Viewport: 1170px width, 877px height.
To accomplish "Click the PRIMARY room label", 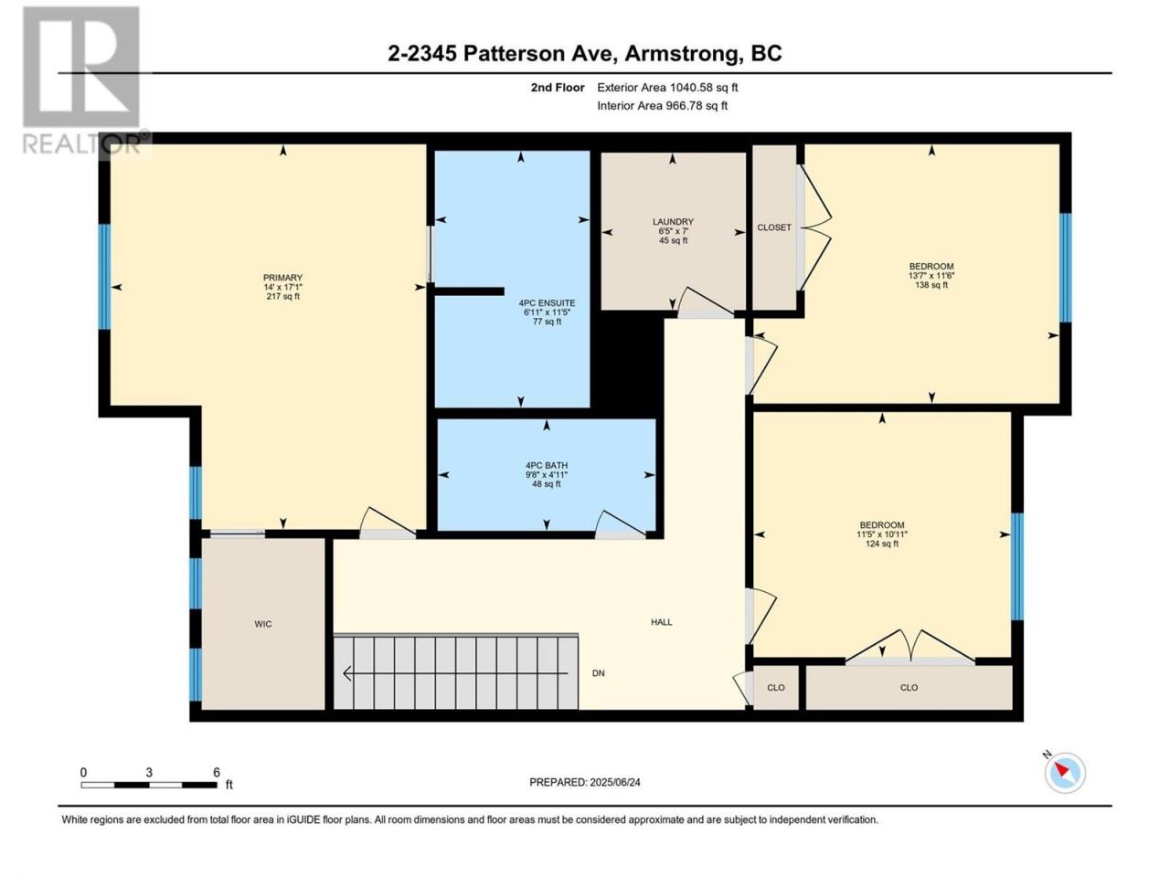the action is [x=282, y=278].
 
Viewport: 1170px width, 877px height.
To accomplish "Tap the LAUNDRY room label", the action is [x=673, y=221].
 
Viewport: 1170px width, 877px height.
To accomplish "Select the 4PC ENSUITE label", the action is [x=547, y=303].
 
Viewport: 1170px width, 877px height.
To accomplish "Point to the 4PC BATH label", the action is [x=547, y=465].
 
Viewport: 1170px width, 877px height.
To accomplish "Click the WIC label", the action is [x=262, y=624].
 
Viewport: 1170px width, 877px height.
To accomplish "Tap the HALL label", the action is [x=661, y=622].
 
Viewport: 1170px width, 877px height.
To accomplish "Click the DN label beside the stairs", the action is [x=598, y=673].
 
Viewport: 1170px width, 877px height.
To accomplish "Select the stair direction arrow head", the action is [x=347, y=673].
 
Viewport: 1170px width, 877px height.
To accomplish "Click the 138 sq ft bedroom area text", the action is [x=931, y=285].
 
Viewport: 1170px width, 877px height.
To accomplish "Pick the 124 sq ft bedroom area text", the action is [x=882, y=544].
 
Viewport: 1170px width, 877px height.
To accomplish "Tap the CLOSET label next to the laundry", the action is [x=774, y=227].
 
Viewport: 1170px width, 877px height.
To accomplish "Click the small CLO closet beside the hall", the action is [x=775, y=687].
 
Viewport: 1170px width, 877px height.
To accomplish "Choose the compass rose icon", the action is [x=1065, y=773].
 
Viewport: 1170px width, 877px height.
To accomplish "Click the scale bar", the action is [x=149, y=785].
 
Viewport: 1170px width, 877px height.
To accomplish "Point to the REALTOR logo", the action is [x=82, y=79].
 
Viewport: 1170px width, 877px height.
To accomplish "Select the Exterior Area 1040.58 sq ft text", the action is [x=667, y=88].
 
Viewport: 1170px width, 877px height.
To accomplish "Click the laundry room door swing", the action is [x=704, y=302].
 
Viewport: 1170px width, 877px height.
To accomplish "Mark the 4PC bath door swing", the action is [x=620, y=524].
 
